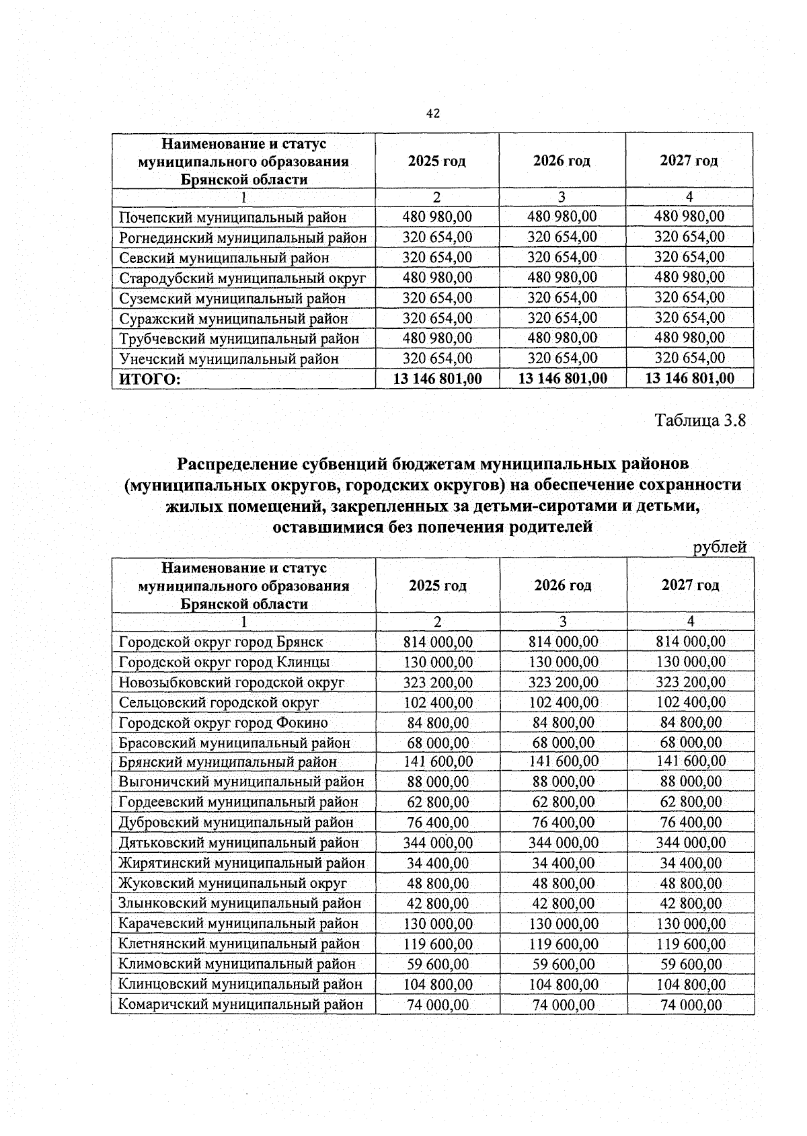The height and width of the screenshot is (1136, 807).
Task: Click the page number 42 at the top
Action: (x=433, y=114)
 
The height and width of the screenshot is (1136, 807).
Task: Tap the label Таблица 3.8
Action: (x=701, y=421)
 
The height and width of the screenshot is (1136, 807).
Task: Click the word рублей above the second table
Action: (x=720, y=547)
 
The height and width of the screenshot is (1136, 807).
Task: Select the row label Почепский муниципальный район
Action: (x=233, y=217)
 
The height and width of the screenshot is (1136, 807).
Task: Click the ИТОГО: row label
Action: (x=150, y=379)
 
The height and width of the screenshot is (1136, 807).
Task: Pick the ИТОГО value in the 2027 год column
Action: (x=689, y=379)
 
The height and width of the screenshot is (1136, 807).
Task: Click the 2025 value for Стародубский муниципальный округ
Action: (x=437, y=277)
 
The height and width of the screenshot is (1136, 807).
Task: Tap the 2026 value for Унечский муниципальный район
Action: (x=562, y=358)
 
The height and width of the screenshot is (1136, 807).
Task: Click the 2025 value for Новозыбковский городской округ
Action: (x=438, y=683)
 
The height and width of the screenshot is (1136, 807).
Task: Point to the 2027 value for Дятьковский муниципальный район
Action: (x=691, y=843)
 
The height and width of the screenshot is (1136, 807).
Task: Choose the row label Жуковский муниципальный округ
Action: (x=233, y=883)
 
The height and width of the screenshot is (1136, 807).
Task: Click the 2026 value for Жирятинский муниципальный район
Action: (x=564, y=863)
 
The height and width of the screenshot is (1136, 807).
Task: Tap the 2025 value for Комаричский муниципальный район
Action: (x=438, y=1005)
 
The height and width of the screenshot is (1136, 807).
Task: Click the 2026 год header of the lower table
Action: (x=563, y=585)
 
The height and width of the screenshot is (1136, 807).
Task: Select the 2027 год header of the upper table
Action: (x=689, y=161)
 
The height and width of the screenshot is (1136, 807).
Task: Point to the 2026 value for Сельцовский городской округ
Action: (x=564, y=703)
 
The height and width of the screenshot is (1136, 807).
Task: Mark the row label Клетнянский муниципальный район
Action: (x=239, y=944)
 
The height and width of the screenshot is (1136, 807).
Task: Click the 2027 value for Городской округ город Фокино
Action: (x=691, y=723)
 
